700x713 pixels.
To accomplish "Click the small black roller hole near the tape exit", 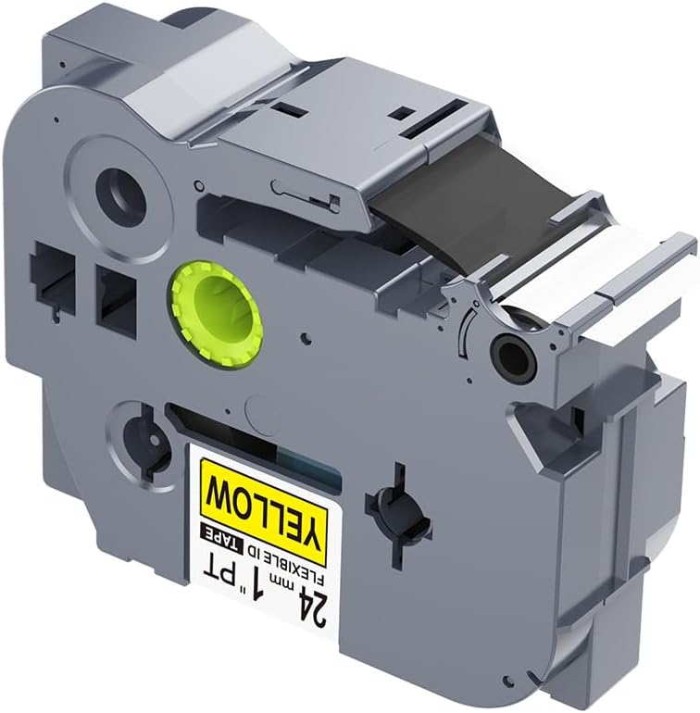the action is click(509, 351).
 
